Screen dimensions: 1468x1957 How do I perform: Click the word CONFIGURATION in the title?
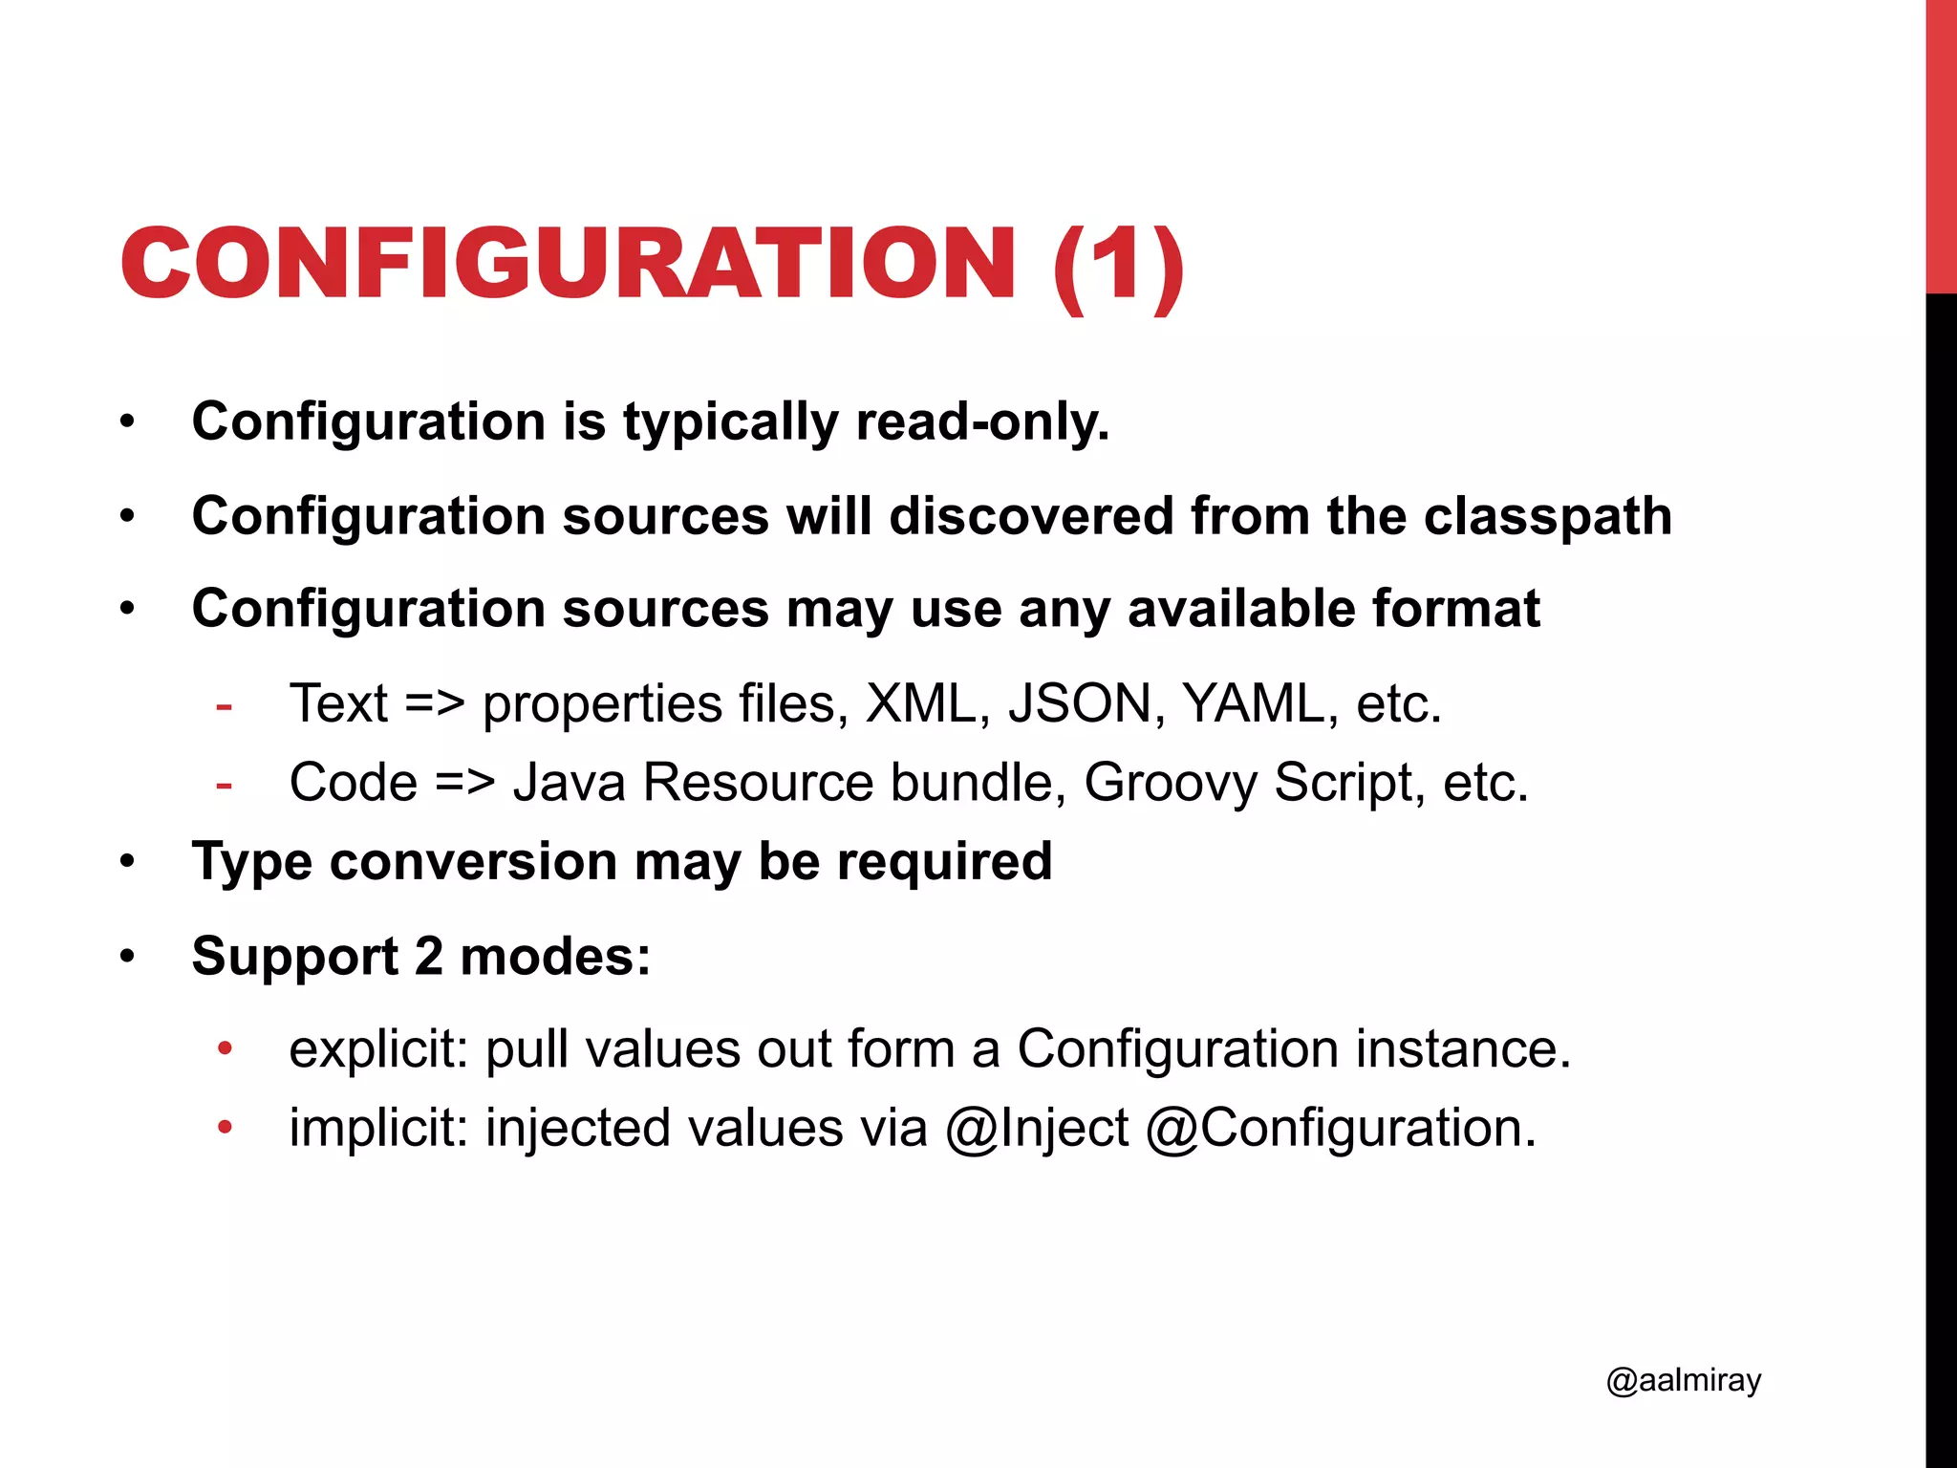click(x=568, y=264)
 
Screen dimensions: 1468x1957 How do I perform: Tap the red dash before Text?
click(x=225, y=707)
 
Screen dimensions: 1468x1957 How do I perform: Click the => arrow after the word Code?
click(x=464, y=783)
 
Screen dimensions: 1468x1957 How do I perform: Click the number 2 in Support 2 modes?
click(x=429, y=956)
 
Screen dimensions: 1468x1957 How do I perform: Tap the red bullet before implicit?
click(x=225, y=1128)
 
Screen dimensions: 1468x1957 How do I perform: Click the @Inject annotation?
click(x=1036, y=1128)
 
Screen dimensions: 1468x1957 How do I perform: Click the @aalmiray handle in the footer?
click(x=1683, y=1380)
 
